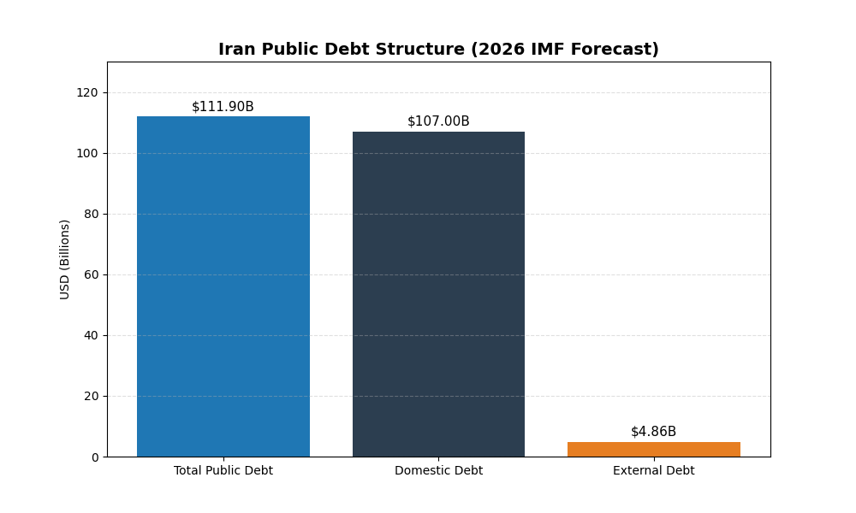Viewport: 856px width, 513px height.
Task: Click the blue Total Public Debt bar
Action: click(223, 286)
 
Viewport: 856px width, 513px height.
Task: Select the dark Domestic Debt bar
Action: click(438, 294)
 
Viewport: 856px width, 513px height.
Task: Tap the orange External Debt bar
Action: click(653, 449)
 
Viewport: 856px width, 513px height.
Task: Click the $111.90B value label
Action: click(223, 107)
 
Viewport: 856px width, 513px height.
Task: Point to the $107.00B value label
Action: click(438, 121)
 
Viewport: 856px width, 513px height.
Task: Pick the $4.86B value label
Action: click(653, 432)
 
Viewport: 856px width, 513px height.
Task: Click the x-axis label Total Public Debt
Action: click(223, 471)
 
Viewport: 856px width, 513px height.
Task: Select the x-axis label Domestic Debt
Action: click(438, 471)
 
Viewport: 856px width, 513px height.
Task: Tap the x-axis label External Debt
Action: click(653, 471)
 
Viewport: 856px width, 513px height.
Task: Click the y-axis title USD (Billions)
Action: click(65, 259)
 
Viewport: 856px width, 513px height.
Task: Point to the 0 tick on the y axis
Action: click(94, 457)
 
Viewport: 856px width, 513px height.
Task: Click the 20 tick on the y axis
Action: click(91, 397)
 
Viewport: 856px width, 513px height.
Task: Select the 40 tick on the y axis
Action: click(91, 336)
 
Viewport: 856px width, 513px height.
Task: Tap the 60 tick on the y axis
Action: click(91, 275)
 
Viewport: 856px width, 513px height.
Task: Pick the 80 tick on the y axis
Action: click(91, 215)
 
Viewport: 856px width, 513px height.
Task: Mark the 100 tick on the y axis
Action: click(88, 154)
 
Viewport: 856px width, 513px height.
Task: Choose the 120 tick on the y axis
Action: click(88, 93)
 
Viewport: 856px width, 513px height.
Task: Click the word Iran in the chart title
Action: click(235, 50)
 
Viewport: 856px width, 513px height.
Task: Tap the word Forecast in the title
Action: click(616, 50)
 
